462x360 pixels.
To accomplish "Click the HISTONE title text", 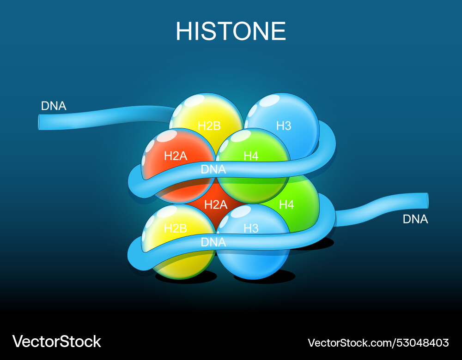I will coord(231,31).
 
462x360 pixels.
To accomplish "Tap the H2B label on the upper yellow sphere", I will coord(209,126).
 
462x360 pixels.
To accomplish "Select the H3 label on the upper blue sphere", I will coord(284,126).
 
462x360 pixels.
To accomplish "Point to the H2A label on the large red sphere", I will coord(176,156).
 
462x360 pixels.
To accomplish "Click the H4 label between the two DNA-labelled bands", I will coord(286,204).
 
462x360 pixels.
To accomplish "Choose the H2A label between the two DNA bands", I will coord(216,204).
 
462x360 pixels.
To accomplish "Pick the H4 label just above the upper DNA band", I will coord(251,156).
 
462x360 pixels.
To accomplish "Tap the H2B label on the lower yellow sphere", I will coord(176,228).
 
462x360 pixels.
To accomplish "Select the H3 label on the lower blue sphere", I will coord(251,228).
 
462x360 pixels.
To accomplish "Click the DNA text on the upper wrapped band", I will coord(213,169).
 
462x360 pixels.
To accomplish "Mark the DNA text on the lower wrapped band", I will coord(213,242).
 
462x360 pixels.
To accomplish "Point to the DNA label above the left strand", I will coord(54,106).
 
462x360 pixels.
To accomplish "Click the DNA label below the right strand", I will coord(415,220).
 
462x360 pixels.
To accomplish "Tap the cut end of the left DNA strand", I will coord(40,121).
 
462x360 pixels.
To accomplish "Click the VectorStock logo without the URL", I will coord(56,342).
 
